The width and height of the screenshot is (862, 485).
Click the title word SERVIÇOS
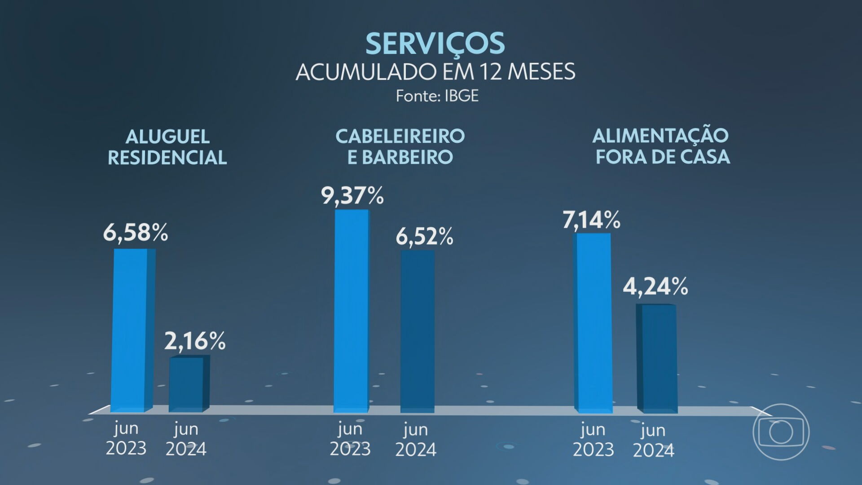click(x=435, y=44)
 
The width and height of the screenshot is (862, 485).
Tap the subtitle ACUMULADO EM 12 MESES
click(x=435, y=72)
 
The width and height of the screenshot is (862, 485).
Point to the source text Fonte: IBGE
click(x=437, y=96)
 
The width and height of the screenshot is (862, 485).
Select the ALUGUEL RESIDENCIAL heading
click(x=167, y=147)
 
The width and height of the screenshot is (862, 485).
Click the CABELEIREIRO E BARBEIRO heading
click(x=400, y=146)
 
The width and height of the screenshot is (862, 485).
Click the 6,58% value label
click(x=135, y=233)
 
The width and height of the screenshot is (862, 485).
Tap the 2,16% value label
click(x=194, y=341)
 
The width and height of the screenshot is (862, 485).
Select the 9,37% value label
click(x=352, y=195)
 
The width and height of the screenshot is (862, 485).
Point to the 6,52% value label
click(x=424, y=236)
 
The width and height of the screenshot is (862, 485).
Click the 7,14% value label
click(x=591, y=220)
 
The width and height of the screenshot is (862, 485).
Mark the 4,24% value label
click(x=655, y=286)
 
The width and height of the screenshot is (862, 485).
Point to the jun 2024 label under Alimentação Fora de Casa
click(x=653, y=440)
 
